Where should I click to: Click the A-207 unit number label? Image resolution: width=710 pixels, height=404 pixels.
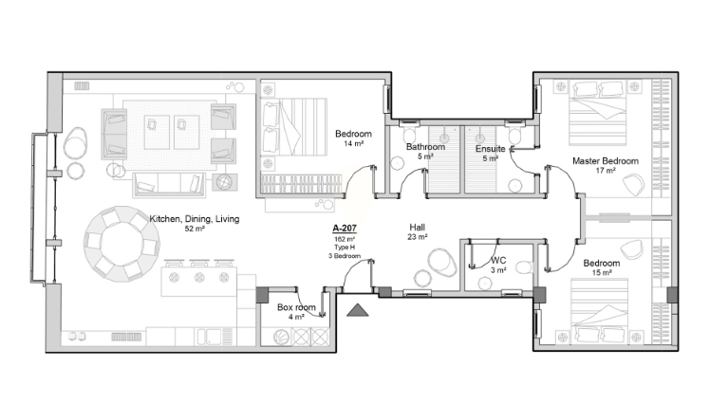click(345, 229)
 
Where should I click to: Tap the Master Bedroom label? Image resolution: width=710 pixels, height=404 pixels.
click(606, 160)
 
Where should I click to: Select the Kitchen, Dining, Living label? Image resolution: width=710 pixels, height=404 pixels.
click(195, 219)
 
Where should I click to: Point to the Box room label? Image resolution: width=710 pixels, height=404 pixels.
click(296, 307)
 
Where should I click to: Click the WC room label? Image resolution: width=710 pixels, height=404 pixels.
click(498, 261)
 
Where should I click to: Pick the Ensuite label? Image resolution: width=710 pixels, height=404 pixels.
click(491, 149)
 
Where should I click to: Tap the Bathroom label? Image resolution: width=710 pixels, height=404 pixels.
click(425, 147)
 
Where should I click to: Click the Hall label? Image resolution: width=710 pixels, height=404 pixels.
click(417, 228)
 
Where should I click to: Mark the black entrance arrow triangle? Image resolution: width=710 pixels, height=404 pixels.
click(358, 310)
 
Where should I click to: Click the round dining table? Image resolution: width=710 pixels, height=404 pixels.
click(121, 245)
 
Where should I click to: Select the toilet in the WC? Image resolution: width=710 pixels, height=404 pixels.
click(525, 267)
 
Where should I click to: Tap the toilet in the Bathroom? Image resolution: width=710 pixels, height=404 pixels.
click(409, 135)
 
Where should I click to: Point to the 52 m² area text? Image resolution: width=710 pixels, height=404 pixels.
click(195, 229)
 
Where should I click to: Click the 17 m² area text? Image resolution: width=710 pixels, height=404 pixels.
click(606, 171)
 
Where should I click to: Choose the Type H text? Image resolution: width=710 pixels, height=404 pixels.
click(345, 248)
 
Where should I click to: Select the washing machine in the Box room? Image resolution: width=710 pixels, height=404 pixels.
click(281, 337)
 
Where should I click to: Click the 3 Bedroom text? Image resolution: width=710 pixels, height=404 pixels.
click(345, 256)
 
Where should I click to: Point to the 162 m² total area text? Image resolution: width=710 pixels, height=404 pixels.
click(345, 239)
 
